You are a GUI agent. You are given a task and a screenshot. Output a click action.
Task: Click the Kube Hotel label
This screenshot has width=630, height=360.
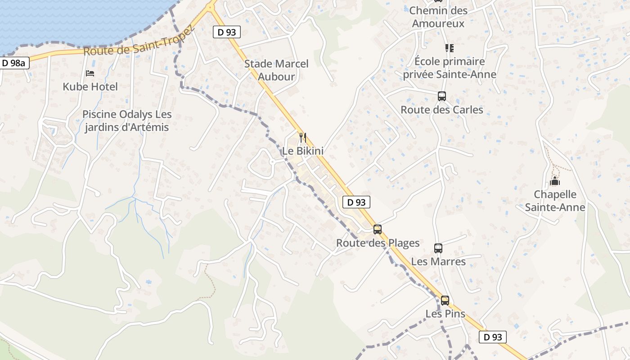coord(90,87)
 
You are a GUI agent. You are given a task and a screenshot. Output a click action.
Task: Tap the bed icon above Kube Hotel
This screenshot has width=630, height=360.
coord(90,73)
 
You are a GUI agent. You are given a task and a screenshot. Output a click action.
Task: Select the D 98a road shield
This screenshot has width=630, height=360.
coord(14,63)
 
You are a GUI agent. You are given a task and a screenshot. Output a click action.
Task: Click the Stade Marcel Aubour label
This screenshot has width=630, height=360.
coord(276,70)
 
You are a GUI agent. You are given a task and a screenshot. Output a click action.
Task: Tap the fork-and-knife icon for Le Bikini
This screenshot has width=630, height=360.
coord(303,137)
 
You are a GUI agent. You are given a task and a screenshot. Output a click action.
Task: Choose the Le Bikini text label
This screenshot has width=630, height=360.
coord(303,151)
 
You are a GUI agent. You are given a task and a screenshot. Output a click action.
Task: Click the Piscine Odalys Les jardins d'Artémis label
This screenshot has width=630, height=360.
coord(127,121)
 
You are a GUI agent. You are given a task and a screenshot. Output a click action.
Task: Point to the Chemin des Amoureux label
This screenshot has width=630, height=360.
coord(438,17)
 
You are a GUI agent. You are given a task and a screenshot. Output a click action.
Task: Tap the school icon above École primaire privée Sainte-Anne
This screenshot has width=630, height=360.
coord(449,48)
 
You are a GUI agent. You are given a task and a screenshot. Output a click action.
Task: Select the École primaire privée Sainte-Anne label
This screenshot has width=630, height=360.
coord(450,68)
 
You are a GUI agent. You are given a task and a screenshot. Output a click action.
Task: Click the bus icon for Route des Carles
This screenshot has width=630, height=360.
coord(442,96)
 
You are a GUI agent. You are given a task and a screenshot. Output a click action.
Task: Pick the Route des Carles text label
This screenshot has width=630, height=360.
coord(442,110)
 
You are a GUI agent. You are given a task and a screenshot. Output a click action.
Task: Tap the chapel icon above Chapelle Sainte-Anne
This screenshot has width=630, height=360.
coord(555,181)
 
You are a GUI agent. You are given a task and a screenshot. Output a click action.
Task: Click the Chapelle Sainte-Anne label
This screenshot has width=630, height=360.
coord(555,201)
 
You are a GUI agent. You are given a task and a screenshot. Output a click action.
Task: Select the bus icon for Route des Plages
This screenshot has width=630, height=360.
coord(378,229)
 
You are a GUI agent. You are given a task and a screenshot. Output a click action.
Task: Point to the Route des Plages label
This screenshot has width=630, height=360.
coord(378,243)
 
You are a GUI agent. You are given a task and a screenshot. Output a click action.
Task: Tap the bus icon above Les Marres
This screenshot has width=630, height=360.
coord(438,248)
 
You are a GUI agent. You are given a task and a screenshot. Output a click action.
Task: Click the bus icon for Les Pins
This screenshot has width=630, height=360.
coord(445,300)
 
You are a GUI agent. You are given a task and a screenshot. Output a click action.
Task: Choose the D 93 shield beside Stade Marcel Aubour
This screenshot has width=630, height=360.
coord(226,32)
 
